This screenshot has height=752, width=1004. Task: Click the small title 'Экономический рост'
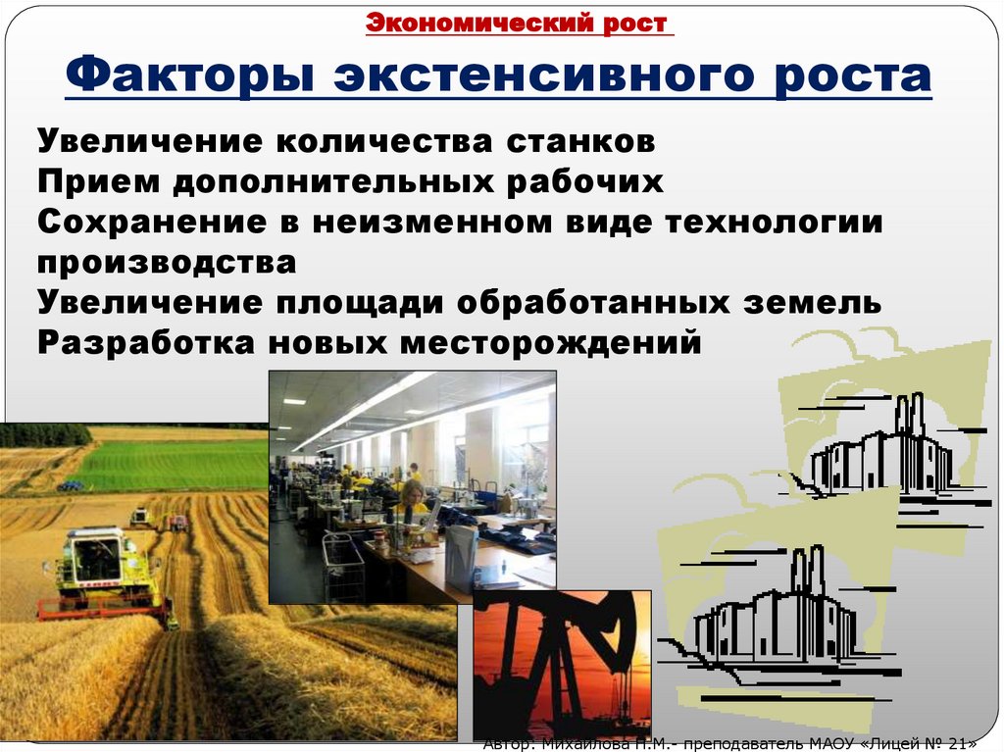point(520,23)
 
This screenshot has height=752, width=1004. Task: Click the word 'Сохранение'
point(158,223)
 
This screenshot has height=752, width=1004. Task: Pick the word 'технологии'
point(774,223)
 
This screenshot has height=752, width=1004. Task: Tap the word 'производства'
point(167,263)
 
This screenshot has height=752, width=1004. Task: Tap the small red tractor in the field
point(176,522)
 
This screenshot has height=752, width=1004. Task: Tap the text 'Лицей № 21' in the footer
point(917,742)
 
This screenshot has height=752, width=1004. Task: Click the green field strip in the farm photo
point(176,466)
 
